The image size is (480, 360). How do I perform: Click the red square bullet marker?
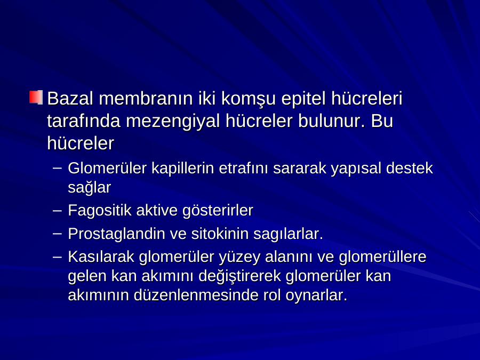pyautogui.click(x=36, y=98)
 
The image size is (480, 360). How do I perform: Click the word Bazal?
pyautogui.click(x=70, y=99)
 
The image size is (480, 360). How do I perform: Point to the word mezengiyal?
pyautogui.click(x=173, y=122)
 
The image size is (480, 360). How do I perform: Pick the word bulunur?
pyautogui.click(x=332, y=121)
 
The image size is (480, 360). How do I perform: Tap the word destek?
pyautogui.click(x=410, y=168)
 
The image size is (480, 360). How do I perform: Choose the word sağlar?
pyautogui.click(x=90, y=187)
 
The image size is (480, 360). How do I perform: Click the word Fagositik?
pyautogui.click(x=100, y=211)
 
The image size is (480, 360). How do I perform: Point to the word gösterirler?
pyautogui.click(x=218, y=211)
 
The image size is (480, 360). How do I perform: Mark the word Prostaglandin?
pyautogui.click(x=117, y=234)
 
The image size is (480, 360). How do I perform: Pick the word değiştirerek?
pyautogui.click(x=239, y=276)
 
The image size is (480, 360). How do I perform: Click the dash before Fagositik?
pyautogui.click(x=57, y=211)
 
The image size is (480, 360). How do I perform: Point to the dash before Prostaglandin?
pyautogui.click(x=57, y=234)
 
